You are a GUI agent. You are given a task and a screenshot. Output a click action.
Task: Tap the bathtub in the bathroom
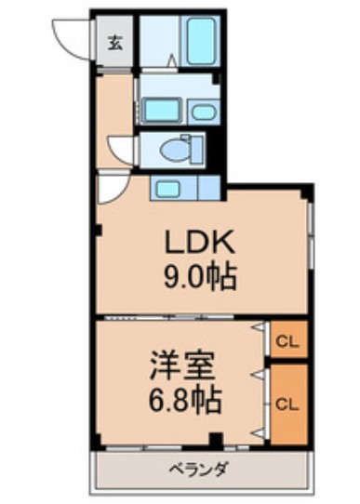(x=200, y=43)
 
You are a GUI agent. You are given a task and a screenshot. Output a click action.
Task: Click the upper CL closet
(x=287, y=342)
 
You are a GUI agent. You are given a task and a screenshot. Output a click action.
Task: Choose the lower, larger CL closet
(x=287, y=404)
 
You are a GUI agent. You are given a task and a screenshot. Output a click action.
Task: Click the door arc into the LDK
(x=110, y=191)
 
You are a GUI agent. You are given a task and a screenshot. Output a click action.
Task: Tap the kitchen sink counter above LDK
(x=184, y=189)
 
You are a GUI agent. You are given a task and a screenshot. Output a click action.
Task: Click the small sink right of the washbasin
(x=203, y=113)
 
